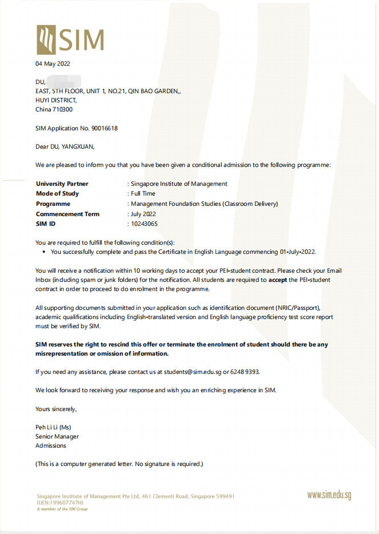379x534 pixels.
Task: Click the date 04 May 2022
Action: (x=53, y=63)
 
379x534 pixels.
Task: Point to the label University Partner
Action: (x=62, y=184)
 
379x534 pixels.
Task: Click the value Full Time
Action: (x=143, y=194)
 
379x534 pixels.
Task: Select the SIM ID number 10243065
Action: (x=144, y=224)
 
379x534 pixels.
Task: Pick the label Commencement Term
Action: (x=67, y=214)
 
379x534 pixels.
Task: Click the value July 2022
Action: (x=143, y=214)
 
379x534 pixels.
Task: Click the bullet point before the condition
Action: (x=45, y=252)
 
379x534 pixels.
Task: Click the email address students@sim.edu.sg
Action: (x=193, y=372)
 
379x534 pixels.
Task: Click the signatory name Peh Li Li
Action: (x=53, y=427)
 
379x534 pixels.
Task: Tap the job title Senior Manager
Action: (x=57, y=436)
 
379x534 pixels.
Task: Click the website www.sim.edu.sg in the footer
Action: (x=329, y=495)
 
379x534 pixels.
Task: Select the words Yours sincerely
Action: (x=55, y=409)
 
